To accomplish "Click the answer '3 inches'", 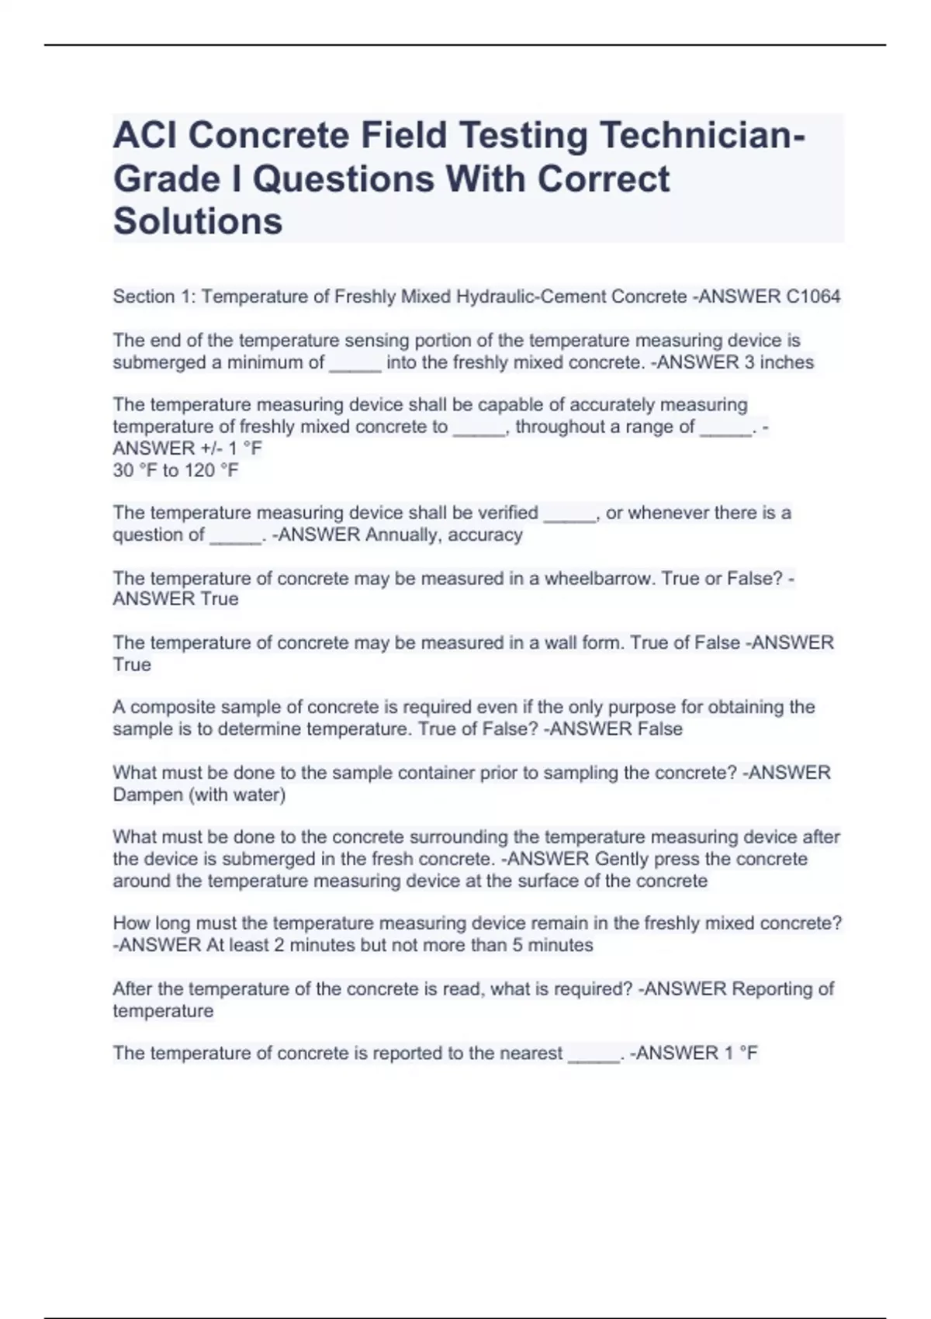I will pyautogui.click(x=779, y=362).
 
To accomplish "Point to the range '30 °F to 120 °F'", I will pyautogui.click(x=175, y=470).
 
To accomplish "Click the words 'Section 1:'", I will pyautogui.click(x=154, y=296).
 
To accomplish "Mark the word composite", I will pyautogui.click(x=168, y=707).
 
